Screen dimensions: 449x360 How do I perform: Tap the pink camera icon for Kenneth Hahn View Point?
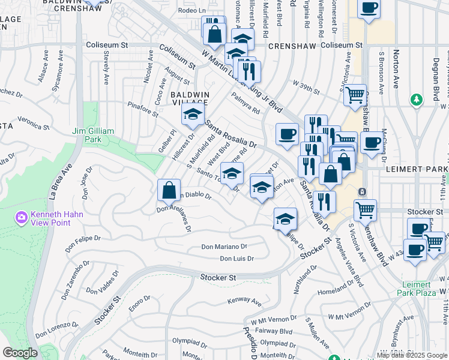tap(22, 217)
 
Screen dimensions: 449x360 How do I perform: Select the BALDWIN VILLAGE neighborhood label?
tap(190, 98)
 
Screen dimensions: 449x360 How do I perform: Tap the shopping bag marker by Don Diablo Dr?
tap(169, 190)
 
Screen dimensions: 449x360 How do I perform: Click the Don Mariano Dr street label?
tap(224, 247)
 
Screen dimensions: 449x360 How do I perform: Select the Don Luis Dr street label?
tap(237, 259)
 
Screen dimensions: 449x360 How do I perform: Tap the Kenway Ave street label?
tap(245, 301)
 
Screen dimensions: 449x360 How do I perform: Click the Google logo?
tap(20, 353)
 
